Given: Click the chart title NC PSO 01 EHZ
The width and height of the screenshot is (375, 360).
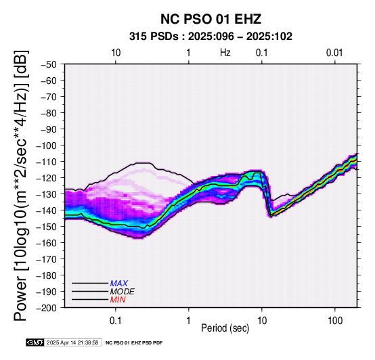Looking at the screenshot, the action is coord(211,19).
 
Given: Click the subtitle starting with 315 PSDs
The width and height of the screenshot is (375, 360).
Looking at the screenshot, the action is coord(211,37).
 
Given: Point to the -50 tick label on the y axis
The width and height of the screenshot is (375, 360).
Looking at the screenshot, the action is coord(48,64).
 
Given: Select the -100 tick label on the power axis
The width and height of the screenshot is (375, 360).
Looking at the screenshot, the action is coord(46,145).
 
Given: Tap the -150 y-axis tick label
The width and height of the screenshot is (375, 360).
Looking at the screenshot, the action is coord(46,227).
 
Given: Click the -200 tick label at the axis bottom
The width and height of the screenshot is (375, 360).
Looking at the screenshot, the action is coord(46,308).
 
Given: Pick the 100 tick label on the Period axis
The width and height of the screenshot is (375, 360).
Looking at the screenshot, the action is coord(335,321).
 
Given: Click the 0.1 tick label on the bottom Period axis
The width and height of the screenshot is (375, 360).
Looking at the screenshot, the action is coord(116,321).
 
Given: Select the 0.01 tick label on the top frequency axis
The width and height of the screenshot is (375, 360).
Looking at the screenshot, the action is coord(334,53).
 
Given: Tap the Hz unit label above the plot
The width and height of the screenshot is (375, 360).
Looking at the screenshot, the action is coord(225,53).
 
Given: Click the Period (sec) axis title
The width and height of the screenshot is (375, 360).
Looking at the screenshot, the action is coord(225,328).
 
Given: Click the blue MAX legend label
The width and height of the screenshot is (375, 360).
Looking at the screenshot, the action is coord(119,284).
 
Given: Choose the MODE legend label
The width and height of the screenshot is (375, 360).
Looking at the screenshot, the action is coord(123,292).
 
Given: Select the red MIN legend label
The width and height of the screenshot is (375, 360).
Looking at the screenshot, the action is coord(118,300).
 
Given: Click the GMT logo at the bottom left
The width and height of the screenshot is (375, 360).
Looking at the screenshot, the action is coord(35,342).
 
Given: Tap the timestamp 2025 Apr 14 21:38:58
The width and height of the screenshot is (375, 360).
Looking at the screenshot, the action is coord(72,342).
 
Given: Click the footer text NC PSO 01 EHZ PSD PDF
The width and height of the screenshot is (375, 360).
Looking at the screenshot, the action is coord(134,343).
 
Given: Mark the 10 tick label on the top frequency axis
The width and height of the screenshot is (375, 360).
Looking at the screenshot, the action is coord(116,53).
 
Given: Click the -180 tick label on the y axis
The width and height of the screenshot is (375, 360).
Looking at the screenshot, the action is coord(46,275).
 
